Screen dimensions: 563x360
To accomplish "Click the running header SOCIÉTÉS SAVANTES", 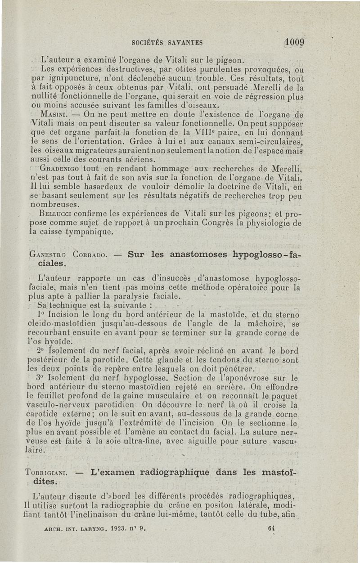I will coord(167,43).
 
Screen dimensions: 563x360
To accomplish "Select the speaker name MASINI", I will coord(54,114).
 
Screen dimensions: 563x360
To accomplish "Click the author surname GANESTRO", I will coord(48,254).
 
